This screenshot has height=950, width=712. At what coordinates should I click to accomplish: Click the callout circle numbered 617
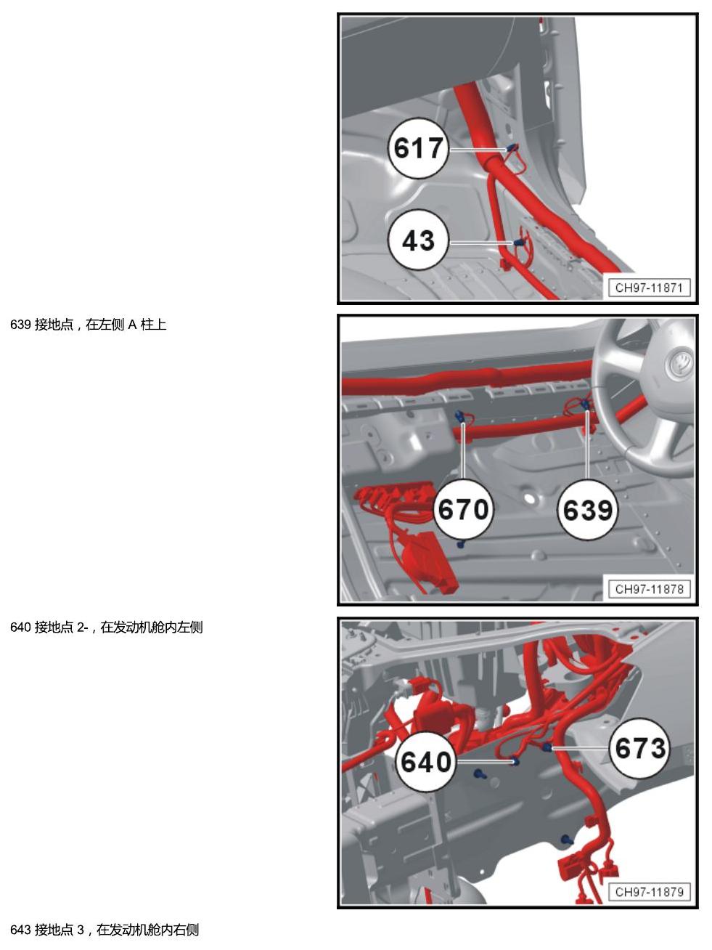[418, 148]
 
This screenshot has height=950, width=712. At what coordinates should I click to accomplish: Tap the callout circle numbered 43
[418, 240]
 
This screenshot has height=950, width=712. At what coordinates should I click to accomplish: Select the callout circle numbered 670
[463, 509]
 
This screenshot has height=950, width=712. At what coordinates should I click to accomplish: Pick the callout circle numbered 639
[587, 509]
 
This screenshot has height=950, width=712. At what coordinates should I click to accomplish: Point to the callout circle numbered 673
[640, 748]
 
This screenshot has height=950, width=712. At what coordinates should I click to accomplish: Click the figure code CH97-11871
[649, 288]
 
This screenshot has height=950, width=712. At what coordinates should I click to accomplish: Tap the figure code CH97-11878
[649, 588]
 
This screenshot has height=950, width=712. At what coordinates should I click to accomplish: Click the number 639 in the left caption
[20, 325]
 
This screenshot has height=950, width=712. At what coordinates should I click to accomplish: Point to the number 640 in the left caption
[20, 627]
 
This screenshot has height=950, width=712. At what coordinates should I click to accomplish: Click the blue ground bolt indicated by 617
[513, 148]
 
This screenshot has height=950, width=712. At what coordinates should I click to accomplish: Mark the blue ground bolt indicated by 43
[518, 243]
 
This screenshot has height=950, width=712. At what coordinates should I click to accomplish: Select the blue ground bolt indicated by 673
[547, 747]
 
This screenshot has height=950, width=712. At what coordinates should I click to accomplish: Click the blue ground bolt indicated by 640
[515, 761]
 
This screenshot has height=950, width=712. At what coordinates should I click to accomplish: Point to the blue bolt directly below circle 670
[461, 543]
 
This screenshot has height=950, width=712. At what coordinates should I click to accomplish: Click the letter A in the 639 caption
[132, 325]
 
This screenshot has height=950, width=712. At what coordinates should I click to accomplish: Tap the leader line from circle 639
[587, 445]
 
